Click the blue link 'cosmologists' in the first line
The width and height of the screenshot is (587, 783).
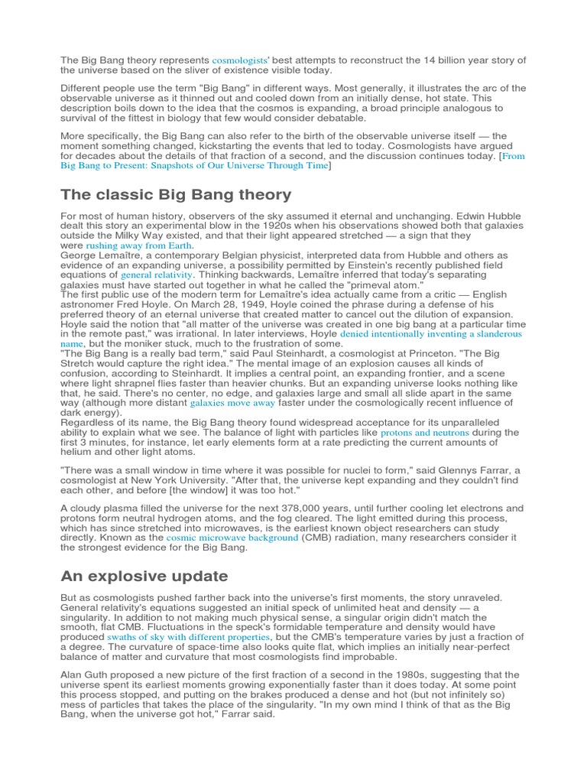(238, 60)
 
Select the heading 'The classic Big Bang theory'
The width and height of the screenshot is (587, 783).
(176, 195)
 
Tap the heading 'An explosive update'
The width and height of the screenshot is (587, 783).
(144, 576)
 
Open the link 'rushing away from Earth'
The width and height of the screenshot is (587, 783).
(140, 246)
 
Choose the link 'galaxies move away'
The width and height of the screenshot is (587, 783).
(232, 402)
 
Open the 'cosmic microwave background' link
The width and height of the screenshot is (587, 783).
(232, 538)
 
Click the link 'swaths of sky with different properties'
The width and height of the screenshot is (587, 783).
(189, 636)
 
